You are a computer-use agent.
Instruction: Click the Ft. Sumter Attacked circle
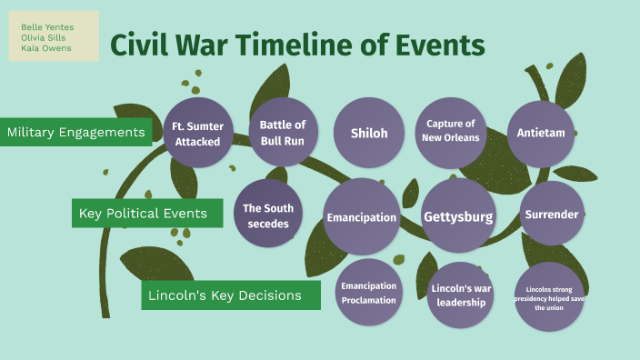[x=197, y=132]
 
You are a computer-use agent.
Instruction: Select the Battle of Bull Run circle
[x=283, y=132]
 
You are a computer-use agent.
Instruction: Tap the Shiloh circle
[x=369, y=133]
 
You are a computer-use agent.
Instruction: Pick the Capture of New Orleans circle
[x=451, y=132]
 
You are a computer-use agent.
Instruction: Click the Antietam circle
[x=541, y=133]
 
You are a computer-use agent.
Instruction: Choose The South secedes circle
[x=267, y=215]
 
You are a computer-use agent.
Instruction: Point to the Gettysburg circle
[x=458, y=216]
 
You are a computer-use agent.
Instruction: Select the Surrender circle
[x=552, y=215]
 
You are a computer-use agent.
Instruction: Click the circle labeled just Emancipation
[x=362, y=216]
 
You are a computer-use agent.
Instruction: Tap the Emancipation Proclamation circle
[x=368, y=293]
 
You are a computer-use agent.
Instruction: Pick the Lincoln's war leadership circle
[x=460, y=295]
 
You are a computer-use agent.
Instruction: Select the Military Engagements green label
[x=76, y=133]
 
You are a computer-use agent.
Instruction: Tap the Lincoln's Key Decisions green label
[x=231, y=295]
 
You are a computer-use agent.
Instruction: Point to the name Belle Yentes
[x=47, y=26]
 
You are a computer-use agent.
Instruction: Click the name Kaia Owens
[x=45, y=48]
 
